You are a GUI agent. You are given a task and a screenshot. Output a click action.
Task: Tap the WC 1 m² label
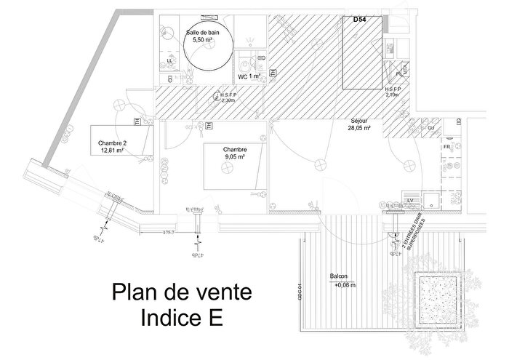(249, 76)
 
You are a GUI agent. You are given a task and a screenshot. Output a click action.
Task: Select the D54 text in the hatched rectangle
(359, 20)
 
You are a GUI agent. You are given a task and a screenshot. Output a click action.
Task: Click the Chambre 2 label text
(113, 143)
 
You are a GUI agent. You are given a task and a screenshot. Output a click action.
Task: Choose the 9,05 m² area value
(233, 156)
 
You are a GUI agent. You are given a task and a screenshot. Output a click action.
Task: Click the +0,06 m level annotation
(345, 285)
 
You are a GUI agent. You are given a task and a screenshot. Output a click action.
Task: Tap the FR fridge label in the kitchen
(446, 147)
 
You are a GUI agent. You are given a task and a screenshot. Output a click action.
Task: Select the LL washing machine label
(170, 60)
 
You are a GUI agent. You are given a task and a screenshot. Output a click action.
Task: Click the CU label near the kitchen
(430, 128)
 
